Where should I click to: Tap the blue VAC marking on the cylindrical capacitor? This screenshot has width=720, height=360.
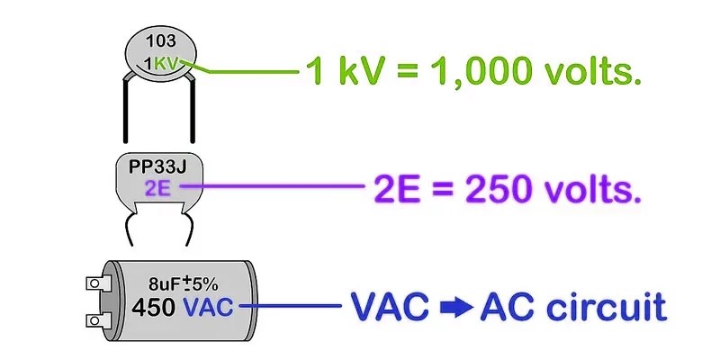(x=208, y=307)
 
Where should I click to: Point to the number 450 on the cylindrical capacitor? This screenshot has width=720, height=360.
(x=154, y=307)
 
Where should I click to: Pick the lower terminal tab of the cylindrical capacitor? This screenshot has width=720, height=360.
(x=95, y=321)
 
